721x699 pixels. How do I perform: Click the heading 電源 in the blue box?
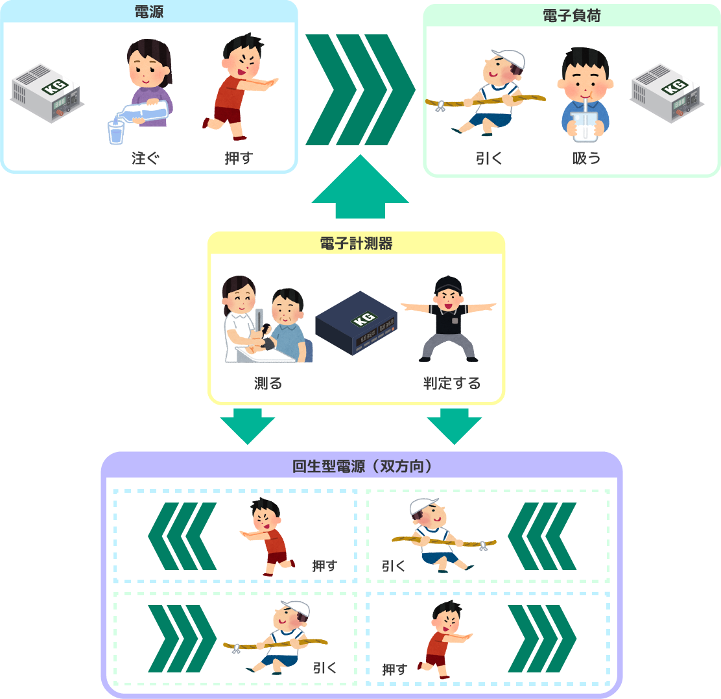(149, 12)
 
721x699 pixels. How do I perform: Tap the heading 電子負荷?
(572, 16)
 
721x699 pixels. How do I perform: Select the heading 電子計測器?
(357, 243)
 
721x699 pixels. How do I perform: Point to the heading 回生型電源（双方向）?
(362, 466)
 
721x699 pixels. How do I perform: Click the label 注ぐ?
(145, 158)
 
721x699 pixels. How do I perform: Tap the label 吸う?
(586, 158)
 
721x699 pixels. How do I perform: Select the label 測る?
(268, 383)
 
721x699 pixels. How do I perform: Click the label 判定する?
(451, 383)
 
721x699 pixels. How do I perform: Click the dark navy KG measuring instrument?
(357, 324)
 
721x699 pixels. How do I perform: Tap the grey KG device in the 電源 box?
(47, 93)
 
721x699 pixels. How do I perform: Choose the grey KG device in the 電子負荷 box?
(667, 93)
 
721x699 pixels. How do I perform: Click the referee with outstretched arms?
(448, 318)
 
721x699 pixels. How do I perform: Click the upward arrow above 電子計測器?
(360, 186)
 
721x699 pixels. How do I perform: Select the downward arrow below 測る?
(248, 426)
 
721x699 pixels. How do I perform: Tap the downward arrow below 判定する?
(455, 426)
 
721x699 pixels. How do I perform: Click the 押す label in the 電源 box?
(239, 158)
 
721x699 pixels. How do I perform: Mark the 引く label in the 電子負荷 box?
(489, 158)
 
